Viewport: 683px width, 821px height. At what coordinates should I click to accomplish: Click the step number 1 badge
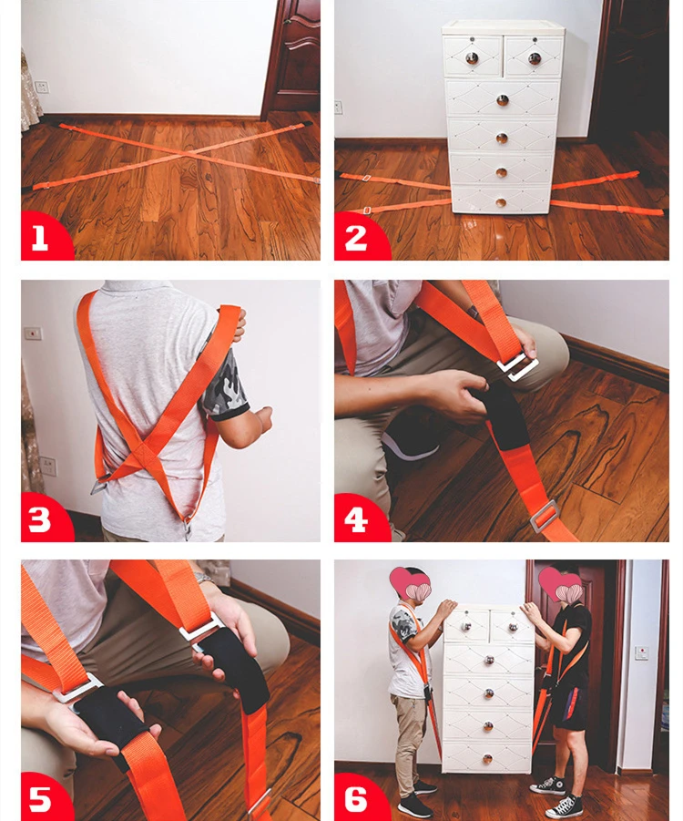coord(45,237)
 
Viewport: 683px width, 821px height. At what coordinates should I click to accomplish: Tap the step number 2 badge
coord(359,237)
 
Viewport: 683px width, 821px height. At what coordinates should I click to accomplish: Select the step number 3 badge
coord(45,518)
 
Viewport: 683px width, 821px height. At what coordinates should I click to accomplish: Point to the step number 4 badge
coord(359,518)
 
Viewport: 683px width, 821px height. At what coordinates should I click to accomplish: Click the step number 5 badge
coord(45,797)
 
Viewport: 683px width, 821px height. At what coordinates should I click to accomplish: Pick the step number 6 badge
coord(359,797)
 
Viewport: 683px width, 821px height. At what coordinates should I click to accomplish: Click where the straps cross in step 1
coord(185,154)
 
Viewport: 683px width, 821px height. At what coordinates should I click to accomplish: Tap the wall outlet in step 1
coord(41,87)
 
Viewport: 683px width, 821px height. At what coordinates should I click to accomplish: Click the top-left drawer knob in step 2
coord(472,58)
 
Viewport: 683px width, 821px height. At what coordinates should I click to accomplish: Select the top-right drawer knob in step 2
coord(534,58)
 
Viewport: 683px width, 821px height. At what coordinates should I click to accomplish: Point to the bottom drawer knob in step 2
coord(501,202)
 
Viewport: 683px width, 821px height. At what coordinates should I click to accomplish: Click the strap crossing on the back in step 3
coord(143,453)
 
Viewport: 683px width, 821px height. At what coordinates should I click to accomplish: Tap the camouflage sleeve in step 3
coord(227,385)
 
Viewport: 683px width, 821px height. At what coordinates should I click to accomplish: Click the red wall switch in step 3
coord(33,333)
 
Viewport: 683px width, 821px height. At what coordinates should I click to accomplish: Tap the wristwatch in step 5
coord(205,578)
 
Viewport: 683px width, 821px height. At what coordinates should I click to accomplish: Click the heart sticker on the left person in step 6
coord(410,584)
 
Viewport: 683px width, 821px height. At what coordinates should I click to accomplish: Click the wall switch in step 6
coord(642,653)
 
